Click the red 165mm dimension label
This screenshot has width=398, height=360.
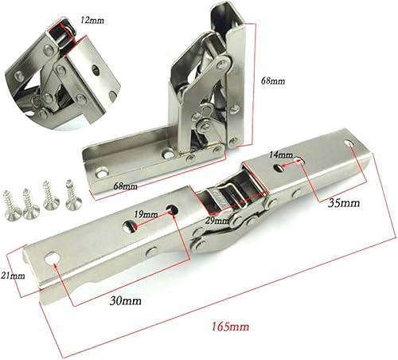pos(230,327)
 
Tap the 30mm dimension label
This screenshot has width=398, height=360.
pos(126,301)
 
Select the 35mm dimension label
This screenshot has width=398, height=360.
pos(344,203)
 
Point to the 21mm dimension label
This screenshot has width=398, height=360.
pos(13,276)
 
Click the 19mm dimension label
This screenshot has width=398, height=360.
pos(146,214)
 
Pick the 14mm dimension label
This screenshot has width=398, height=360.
pos(281,155)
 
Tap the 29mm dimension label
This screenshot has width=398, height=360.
pos(217,221)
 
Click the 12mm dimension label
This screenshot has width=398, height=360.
pos(92,20)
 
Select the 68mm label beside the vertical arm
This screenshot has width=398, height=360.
pos(273,80)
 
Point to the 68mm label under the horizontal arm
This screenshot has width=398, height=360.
pos(126,186)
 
